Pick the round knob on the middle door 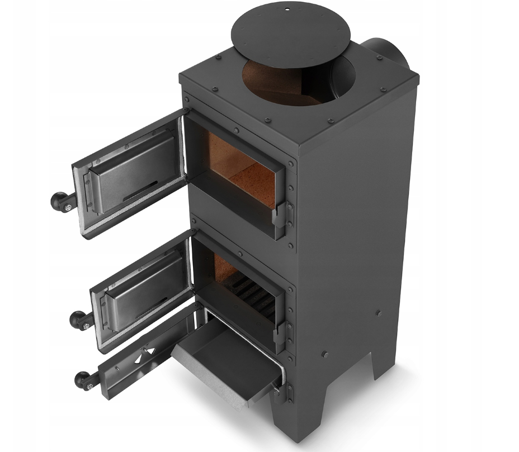(78, 319)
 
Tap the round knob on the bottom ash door (83, 380)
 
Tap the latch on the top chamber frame (279, 215)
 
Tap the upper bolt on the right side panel (379, 313)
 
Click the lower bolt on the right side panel (325, 354)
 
